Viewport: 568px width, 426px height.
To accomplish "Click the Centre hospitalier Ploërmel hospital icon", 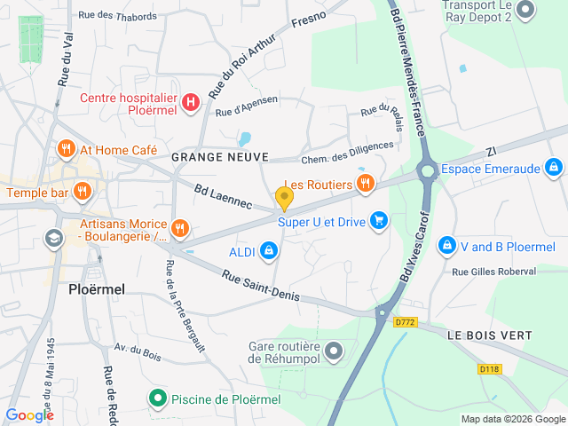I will (190, 102).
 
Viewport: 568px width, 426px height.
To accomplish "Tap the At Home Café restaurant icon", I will (66, 149).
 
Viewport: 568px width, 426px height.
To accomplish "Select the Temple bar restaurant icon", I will (83, 191).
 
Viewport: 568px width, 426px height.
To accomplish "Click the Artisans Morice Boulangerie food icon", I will (180, 229).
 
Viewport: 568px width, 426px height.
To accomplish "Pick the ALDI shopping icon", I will (267, 253).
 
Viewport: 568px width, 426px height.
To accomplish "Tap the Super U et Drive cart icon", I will (379, 219).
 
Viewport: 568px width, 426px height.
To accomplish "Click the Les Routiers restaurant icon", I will (364, 184).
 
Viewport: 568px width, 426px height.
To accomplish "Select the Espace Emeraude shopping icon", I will (553, 167).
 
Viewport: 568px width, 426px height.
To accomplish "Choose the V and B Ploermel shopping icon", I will (454, 244).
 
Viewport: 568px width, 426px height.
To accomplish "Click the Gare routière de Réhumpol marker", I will (334, 351).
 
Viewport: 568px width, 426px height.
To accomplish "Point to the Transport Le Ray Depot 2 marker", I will (525, 10).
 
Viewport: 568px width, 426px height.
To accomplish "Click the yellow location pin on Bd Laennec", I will (284, 197).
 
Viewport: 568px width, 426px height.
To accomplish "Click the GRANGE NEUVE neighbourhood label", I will (219, 157).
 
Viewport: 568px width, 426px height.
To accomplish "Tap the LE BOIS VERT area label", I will (489, 335).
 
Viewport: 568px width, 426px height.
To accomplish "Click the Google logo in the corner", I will (29, 415).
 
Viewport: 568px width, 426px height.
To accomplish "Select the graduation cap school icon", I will (54, 238).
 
